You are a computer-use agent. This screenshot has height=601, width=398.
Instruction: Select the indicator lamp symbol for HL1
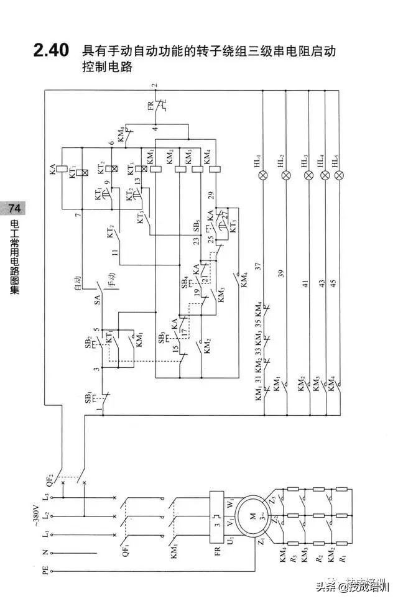click(263, 175)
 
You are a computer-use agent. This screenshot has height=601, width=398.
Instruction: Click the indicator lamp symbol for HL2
click(286, 175)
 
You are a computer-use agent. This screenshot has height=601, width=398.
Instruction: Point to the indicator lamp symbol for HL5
click(339, 175)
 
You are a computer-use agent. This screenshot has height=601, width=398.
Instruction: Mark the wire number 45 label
click(333, 285)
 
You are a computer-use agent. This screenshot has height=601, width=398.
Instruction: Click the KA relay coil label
click(53, 167)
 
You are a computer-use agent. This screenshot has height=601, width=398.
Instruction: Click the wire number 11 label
click(114, 252)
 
